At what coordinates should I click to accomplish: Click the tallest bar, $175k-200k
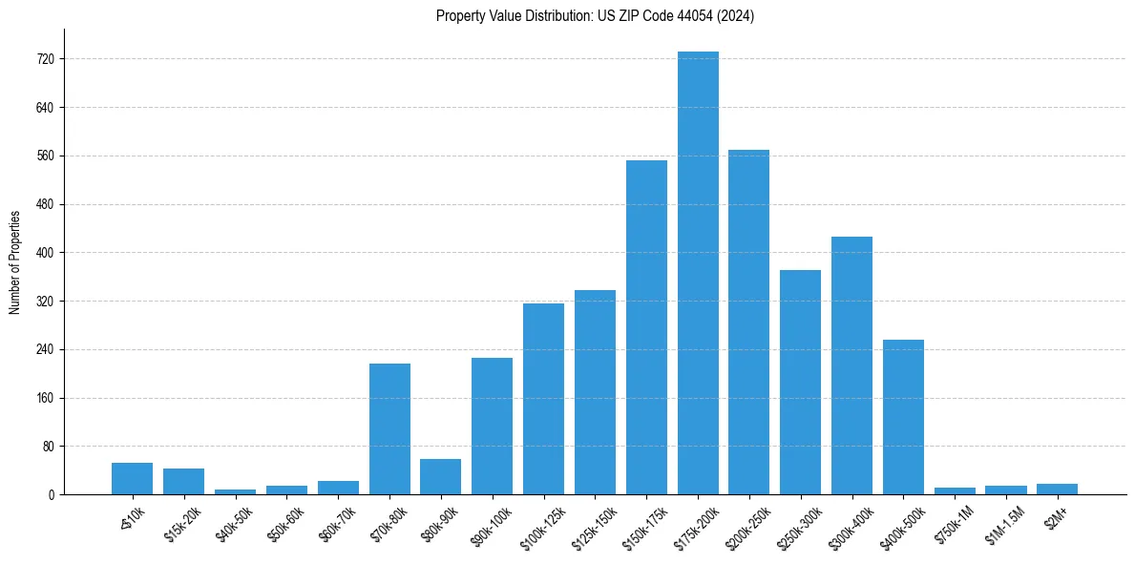[x=698, y=274]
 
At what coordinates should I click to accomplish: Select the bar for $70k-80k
[x=389, y=429]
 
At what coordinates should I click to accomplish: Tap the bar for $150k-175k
[x=646, y=327]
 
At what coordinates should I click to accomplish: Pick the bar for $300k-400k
[x=851, y=365]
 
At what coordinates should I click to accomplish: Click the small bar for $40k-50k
[x=235, y=491]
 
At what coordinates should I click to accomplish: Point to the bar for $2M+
[x=1057, y=490]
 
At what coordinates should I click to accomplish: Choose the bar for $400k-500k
[x=903, y=417]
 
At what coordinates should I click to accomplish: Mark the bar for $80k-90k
[x=440, y=477]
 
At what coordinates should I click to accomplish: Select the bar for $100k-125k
[x=543, y=399]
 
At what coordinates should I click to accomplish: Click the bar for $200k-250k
[x=748, y=323]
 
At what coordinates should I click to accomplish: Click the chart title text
[x=595, y=16]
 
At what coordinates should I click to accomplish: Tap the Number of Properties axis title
[x=15, y=261]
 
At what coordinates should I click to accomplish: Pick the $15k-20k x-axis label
[x=182, y=521]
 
